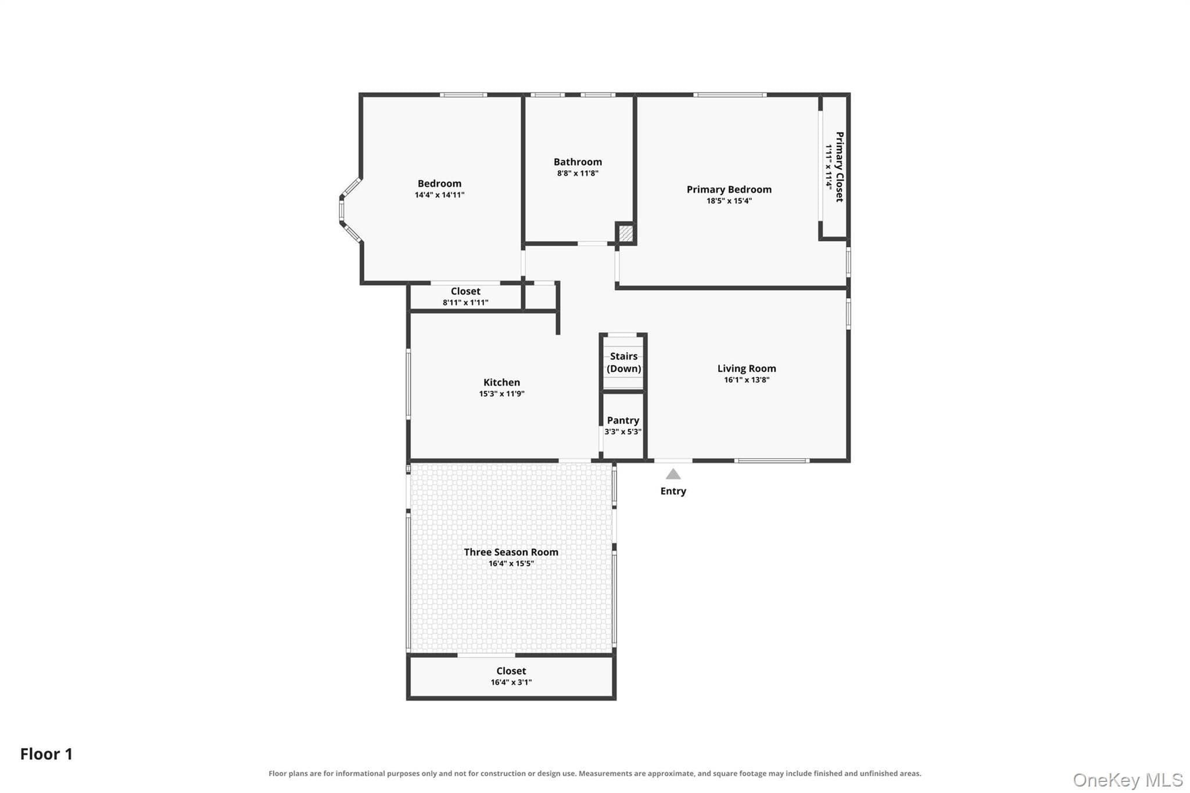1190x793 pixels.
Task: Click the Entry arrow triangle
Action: tap(673, 474)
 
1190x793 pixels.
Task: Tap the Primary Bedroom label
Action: tap(729, 189)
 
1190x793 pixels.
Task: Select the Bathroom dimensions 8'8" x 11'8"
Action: tap(578, 173)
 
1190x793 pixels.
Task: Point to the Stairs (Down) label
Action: tap(624, 363)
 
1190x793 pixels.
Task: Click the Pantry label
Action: tap(623, 420)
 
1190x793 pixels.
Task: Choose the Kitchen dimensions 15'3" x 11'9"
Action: tap(501, 394)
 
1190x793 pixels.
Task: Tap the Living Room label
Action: tap(747, 368)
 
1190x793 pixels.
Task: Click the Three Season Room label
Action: tap(511, 552)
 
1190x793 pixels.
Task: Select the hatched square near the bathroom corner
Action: tap(625, 234)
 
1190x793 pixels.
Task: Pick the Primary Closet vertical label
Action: tap(839, 167)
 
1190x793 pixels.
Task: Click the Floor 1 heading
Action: tap(46, 754)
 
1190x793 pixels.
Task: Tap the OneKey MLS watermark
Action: tap(1128, 780)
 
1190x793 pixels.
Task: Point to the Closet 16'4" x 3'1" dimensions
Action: tap(511, 683)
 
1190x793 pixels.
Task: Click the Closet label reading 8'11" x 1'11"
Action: tap(465, 296)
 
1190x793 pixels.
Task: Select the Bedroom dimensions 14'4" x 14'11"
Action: tap(439, 195)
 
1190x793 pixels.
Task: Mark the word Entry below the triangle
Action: tap(673, 491)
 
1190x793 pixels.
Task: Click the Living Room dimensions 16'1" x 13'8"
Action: tap(747, 380)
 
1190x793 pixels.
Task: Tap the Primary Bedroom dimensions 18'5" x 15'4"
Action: tap(729, 201)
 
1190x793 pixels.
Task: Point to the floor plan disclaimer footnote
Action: tap(594, 773)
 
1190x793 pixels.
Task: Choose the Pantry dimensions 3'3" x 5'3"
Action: tap(623, 432)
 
